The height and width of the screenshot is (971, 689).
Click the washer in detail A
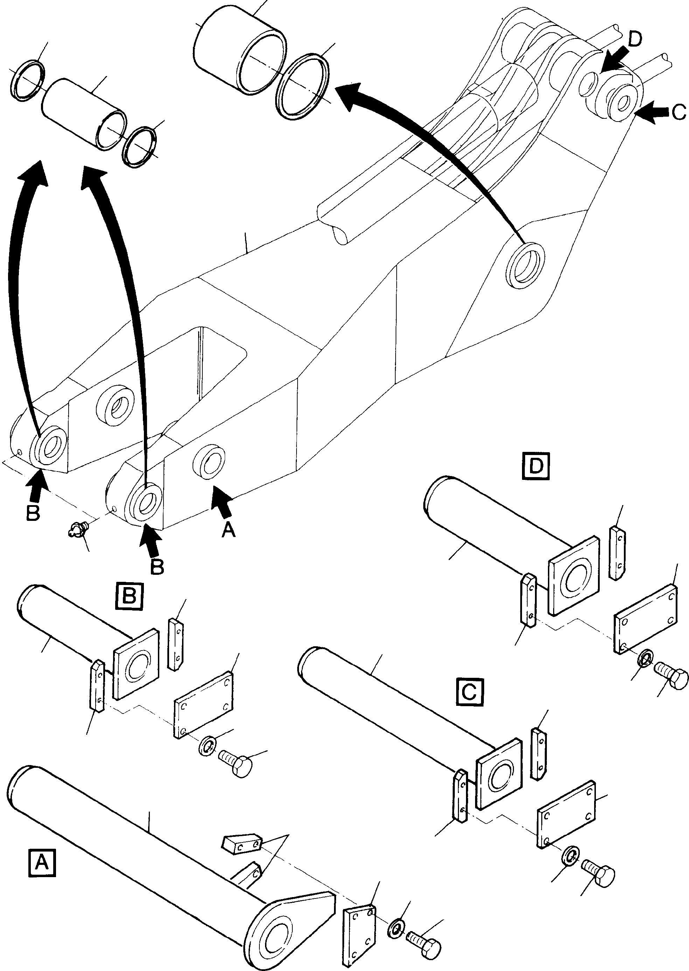pyautogui.click(x=396, y=921)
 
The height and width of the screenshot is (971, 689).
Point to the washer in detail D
pyautogui.click(x=646, y=657)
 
